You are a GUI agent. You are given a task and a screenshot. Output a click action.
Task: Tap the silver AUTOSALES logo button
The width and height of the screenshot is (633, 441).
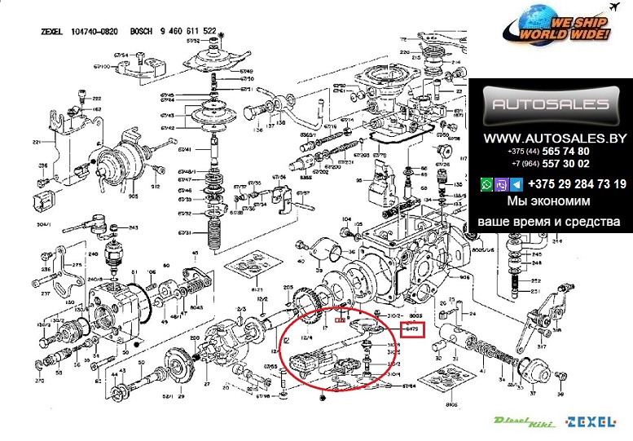tap(547, 105)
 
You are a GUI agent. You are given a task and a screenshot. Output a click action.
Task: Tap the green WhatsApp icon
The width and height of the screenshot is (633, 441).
tap(486, 185)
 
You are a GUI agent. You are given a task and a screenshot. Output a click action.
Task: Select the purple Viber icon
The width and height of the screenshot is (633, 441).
tap(499, 185)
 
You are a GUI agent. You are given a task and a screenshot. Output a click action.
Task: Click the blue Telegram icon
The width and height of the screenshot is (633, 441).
tap(513, 185)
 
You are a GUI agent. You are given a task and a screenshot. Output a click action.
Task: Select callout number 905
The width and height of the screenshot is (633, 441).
tap(132, 196)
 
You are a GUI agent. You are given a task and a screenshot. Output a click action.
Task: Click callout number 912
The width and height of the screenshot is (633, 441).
tap(154, 187)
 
